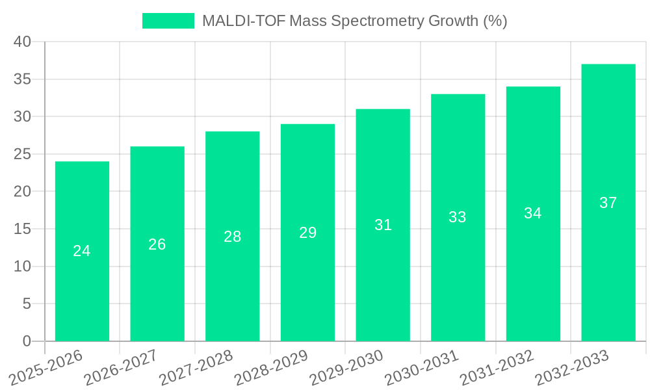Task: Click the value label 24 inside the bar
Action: [82, 251]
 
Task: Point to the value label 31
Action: [383, 225]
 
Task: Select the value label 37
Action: [608, 203]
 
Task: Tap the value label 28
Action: [232, 237]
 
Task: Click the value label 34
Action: [532, 213]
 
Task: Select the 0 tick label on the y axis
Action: [27, 341]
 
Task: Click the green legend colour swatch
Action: [168, 21]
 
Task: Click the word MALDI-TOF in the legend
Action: [243, 21]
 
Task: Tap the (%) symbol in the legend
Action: [495, 21]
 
